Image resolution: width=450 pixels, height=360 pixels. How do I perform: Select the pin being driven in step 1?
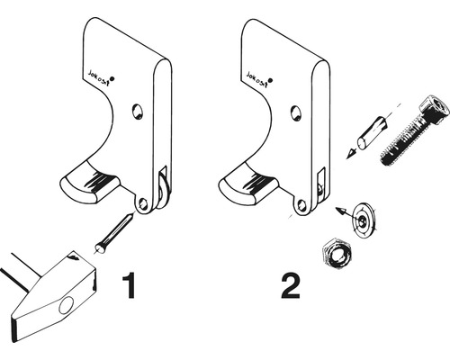click(x=113, y=233)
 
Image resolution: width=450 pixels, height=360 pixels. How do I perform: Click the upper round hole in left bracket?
click(x=138, y=112)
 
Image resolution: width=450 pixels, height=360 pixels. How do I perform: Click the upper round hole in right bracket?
click(x=296, y=112)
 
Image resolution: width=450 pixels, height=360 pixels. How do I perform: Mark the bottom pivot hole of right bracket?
click(x=302, y=206)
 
